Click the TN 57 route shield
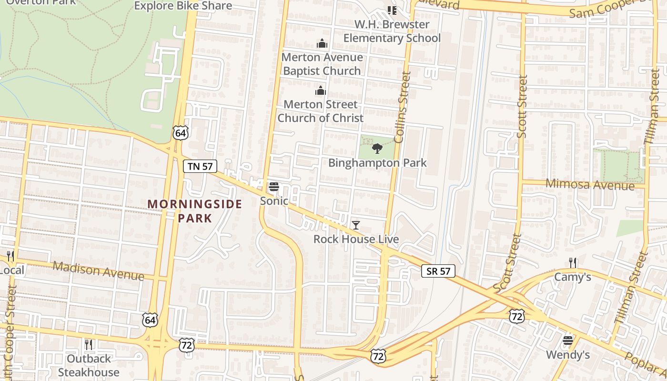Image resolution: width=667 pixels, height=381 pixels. [200, 166]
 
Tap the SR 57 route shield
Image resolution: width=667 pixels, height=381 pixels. [438, 271]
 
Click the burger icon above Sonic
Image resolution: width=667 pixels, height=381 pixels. [273, 186]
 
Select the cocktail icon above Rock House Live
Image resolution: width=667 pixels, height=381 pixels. [356, 225]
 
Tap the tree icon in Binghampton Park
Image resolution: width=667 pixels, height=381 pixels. [377, 148]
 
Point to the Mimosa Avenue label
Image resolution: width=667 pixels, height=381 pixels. [590, 184]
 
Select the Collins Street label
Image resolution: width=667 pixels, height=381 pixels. [403, 107]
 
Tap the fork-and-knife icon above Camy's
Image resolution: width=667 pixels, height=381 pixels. [573, 262]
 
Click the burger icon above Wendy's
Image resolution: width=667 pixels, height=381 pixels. [567, 341]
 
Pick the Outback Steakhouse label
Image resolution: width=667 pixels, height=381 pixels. [89, 365]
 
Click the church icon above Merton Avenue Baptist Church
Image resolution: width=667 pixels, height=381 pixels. [322, 44]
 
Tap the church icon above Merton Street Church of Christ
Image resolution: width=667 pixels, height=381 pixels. [321, 90]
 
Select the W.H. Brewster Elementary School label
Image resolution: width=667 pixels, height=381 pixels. [392, 31]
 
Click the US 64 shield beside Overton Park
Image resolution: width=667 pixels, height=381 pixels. [180, 133]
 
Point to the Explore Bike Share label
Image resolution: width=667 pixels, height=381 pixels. [183, 6]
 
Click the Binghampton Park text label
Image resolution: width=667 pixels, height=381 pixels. [377, 163]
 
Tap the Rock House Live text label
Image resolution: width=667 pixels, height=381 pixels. [356, 239]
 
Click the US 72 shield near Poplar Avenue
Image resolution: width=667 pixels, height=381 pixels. [516, 315]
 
